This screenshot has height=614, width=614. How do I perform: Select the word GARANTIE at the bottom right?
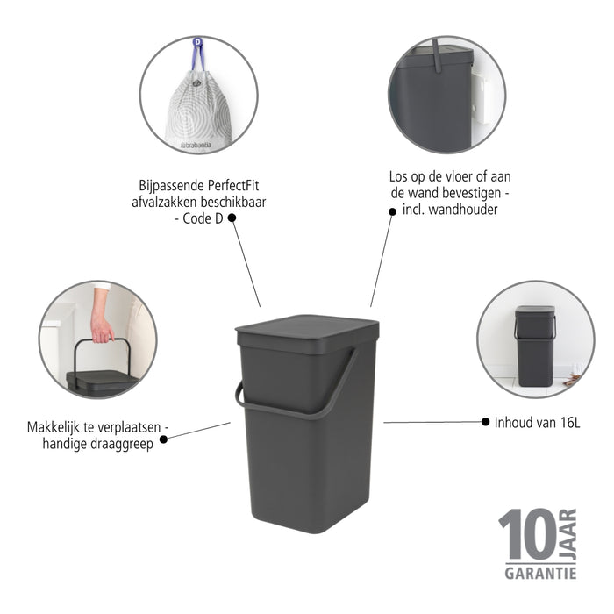click(539, 573)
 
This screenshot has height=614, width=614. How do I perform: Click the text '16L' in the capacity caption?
click(569, 422)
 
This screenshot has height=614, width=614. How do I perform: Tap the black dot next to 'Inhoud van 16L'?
click(485, 422)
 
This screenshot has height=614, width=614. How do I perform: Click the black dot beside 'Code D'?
click(232, 218)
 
